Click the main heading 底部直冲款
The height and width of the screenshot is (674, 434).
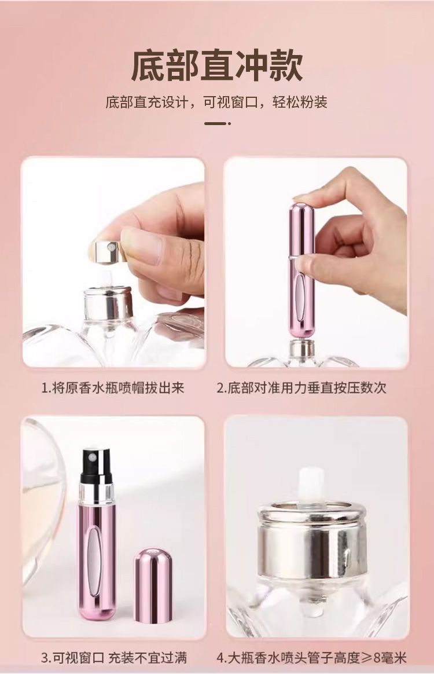point(216,65)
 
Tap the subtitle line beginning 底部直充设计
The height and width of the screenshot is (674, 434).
point(216,102)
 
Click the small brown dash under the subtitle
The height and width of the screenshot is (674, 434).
point(216,123)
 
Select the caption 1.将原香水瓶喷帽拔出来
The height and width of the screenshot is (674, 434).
point(113,388)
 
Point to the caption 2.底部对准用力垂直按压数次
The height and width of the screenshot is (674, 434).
point(301,388)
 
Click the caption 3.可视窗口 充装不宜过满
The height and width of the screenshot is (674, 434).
point(114,657)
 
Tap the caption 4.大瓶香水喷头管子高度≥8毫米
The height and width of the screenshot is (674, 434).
point(311,657)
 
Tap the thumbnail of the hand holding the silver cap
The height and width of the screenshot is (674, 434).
point(113,263)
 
